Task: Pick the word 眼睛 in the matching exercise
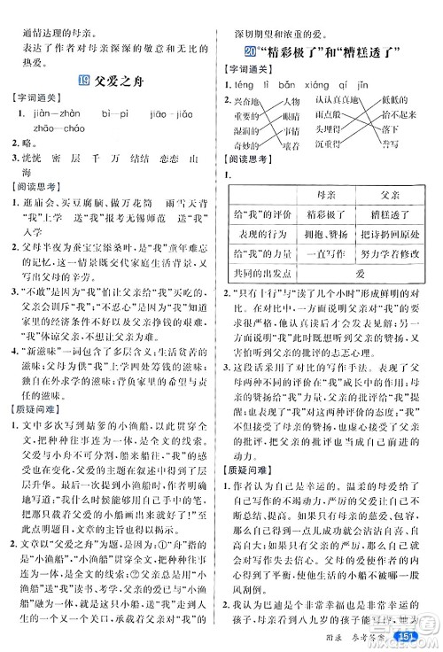coord(299,115)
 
